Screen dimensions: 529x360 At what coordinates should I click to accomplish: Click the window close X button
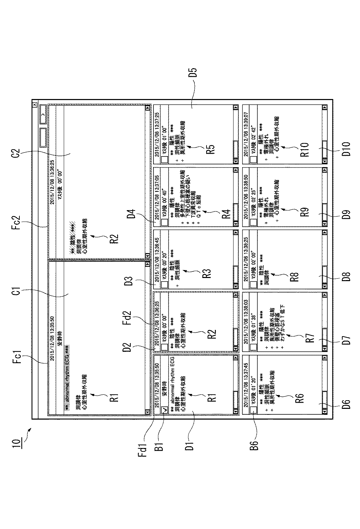(34, 105)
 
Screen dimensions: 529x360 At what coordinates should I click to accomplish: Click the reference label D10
(346, 149)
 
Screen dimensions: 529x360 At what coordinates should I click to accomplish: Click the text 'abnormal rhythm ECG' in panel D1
(172, 384)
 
